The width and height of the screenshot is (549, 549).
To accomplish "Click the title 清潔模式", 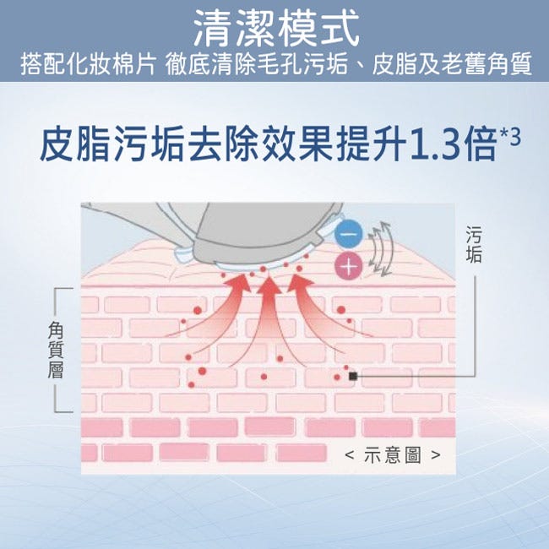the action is pos(276,28).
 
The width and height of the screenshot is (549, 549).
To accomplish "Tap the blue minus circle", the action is pos(349,233).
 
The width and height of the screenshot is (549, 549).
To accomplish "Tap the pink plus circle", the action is pos(349,266).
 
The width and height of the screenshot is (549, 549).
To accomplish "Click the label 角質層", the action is pos(56,351).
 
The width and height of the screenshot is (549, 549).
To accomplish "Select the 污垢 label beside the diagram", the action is pos(474,244).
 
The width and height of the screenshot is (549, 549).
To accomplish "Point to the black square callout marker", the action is pos(353,376).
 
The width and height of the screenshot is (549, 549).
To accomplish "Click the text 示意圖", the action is pos(393,454).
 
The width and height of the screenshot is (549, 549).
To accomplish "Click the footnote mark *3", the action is pos(510,137).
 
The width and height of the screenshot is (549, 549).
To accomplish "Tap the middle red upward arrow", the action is pos(264,315).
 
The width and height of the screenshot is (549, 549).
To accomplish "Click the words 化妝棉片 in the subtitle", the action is pos(111,63).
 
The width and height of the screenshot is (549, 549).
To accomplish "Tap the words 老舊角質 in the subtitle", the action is pos(486,63).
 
